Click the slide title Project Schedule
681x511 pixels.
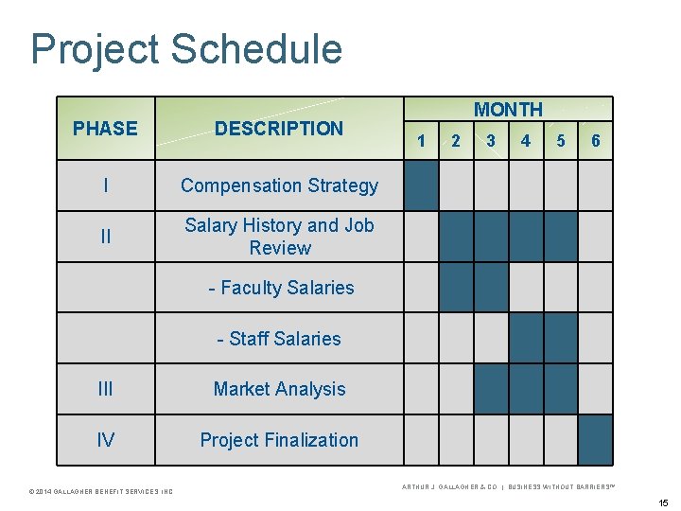click(x=186, y=49)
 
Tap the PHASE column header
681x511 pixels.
click(x=105, y=129)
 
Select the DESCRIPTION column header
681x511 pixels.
click(x=279, y=129)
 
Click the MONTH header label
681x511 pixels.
click(x=508, y=110)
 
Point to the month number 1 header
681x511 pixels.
click(x=421, y=141)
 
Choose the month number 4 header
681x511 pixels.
click(x=526, y=141)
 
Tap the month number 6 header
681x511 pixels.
click(x=595, y=141)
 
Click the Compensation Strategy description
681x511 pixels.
click(x=279, y=185)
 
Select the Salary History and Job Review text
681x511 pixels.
click(x=279, y=237)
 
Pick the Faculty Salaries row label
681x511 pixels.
click(x=281, y=288)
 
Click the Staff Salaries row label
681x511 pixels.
click(x=279, y=339)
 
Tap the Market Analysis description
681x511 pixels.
click(x=279, y=389)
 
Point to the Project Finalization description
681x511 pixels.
click(x=279, y=440)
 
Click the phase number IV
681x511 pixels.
click(x=105, y=440)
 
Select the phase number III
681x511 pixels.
click(x=105, y=389)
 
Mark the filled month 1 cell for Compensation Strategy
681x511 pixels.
click(x=421, y=185)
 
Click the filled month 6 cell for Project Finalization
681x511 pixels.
click(x=595, y=440)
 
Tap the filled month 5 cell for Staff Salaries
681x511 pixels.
click(x=560, y=339)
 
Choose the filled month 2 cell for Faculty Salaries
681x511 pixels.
click(x=456, y=288)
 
